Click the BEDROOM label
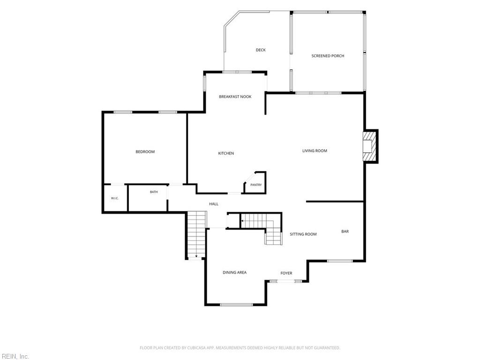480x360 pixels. click(145, 151)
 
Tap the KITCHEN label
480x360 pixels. click(226, 153)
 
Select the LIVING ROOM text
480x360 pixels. click(315, 150)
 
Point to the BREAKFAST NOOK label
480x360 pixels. click(235, 97)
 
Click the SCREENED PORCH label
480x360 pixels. click(328, 56)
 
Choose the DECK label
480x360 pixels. click(261, 50)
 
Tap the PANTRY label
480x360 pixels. click(256, 185)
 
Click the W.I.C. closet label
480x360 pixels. click(115, 198)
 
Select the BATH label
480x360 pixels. click(154, 192)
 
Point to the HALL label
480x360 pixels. click(214, 204)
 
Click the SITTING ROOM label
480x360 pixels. click(303, 234)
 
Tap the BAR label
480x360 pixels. click(345, 232)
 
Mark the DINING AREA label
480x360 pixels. click(234, 272)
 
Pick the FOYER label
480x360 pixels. click(286, 273)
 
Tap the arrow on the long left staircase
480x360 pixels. click(196, 256)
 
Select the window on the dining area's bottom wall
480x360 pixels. click(236, 305)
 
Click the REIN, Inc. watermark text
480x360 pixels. click(15, 356)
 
